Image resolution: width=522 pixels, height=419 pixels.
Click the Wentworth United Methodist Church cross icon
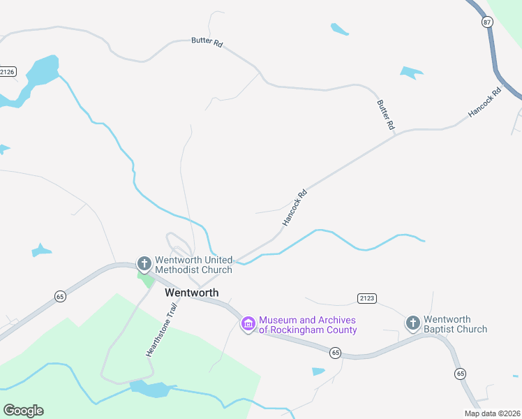144,264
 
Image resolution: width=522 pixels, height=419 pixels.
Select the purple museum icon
248,324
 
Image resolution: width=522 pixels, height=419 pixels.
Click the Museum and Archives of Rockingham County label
308,325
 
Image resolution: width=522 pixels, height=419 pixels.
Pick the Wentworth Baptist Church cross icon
413,323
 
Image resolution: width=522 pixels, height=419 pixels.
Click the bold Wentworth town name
191,293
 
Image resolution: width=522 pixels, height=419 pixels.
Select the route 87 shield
486,23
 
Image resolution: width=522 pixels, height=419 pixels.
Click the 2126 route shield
8,71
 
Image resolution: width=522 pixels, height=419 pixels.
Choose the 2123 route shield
367,298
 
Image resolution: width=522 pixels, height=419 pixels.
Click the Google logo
23,410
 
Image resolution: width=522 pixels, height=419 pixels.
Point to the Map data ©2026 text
492,413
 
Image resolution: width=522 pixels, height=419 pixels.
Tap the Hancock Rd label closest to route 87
485,102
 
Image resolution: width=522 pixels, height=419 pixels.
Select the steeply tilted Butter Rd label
386,115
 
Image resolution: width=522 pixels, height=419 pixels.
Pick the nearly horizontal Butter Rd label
207,42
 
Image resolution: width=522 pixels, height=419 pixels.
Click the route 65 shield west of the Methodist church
59,297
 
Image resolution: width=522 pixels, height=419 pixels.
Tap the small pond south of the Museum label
318,372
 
